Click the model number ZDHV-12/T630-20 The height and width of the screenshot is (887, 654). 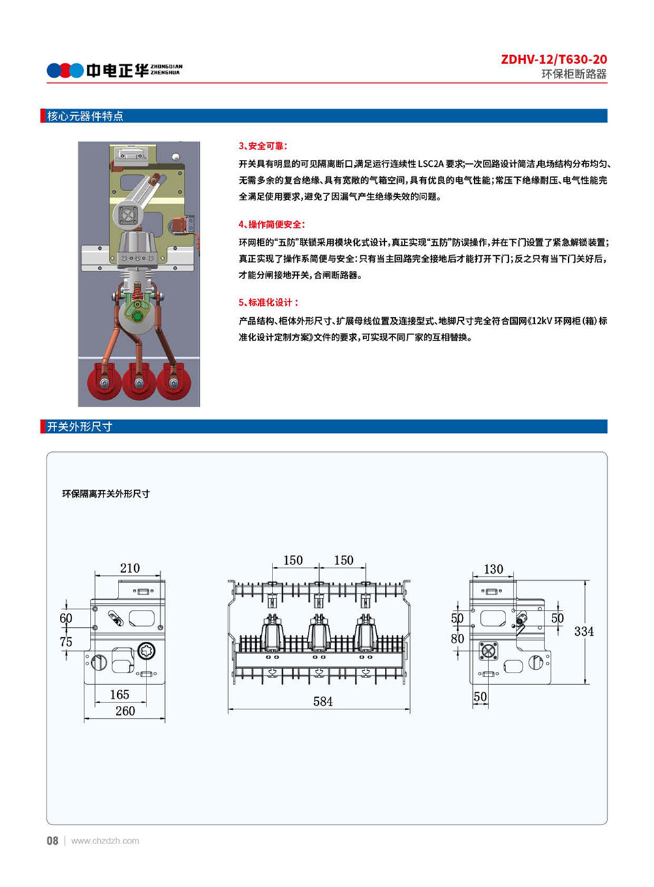click(x=553, y=59)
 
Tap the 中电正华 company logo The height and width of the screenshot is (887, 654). click(x=114, y=70)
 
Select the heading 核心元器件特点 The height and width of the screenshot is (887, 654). click(x=84, y=116)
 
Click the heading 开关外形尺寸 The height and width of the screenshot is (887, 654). click(x=79, y=427)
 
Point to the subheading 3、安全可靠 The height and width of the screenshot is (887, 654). click(x=263, y=146)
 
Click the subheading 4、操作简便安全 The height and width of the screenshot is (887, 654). click(x=272, y=224)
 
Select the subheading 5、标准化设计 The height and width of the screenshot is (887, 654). click(x=268, y=302)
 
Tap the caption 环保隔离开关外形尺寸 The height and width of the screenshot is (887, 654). click(x=106, y=494)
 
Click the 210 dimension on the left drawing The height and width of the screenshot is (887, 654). click(x=129, y=568)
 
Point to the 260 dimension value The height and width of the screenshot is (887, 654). click(x=125, y=711)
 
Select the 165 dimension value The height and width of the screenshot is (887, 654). click(x=119, y=694)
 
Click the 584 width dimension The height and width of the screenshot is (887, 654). click(x=323, y=701)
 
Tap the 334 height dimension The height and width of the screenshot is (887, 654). click(x=584, y=631)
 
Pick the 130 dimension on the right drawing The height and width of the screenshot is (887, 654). click(x=493, y=568)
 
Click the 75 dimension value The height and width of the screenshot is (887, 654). click(x=65, y=641)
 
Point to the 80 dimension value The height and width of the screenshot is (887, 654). click(x=457, y=639)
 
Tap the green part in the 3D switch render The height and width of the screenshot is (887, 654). click(x=138, y=316)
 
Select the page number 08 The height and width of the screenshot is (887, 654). click(x=52, y=841)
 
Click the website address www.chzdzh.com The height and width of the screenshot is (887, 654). click(x=105, y=841)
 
